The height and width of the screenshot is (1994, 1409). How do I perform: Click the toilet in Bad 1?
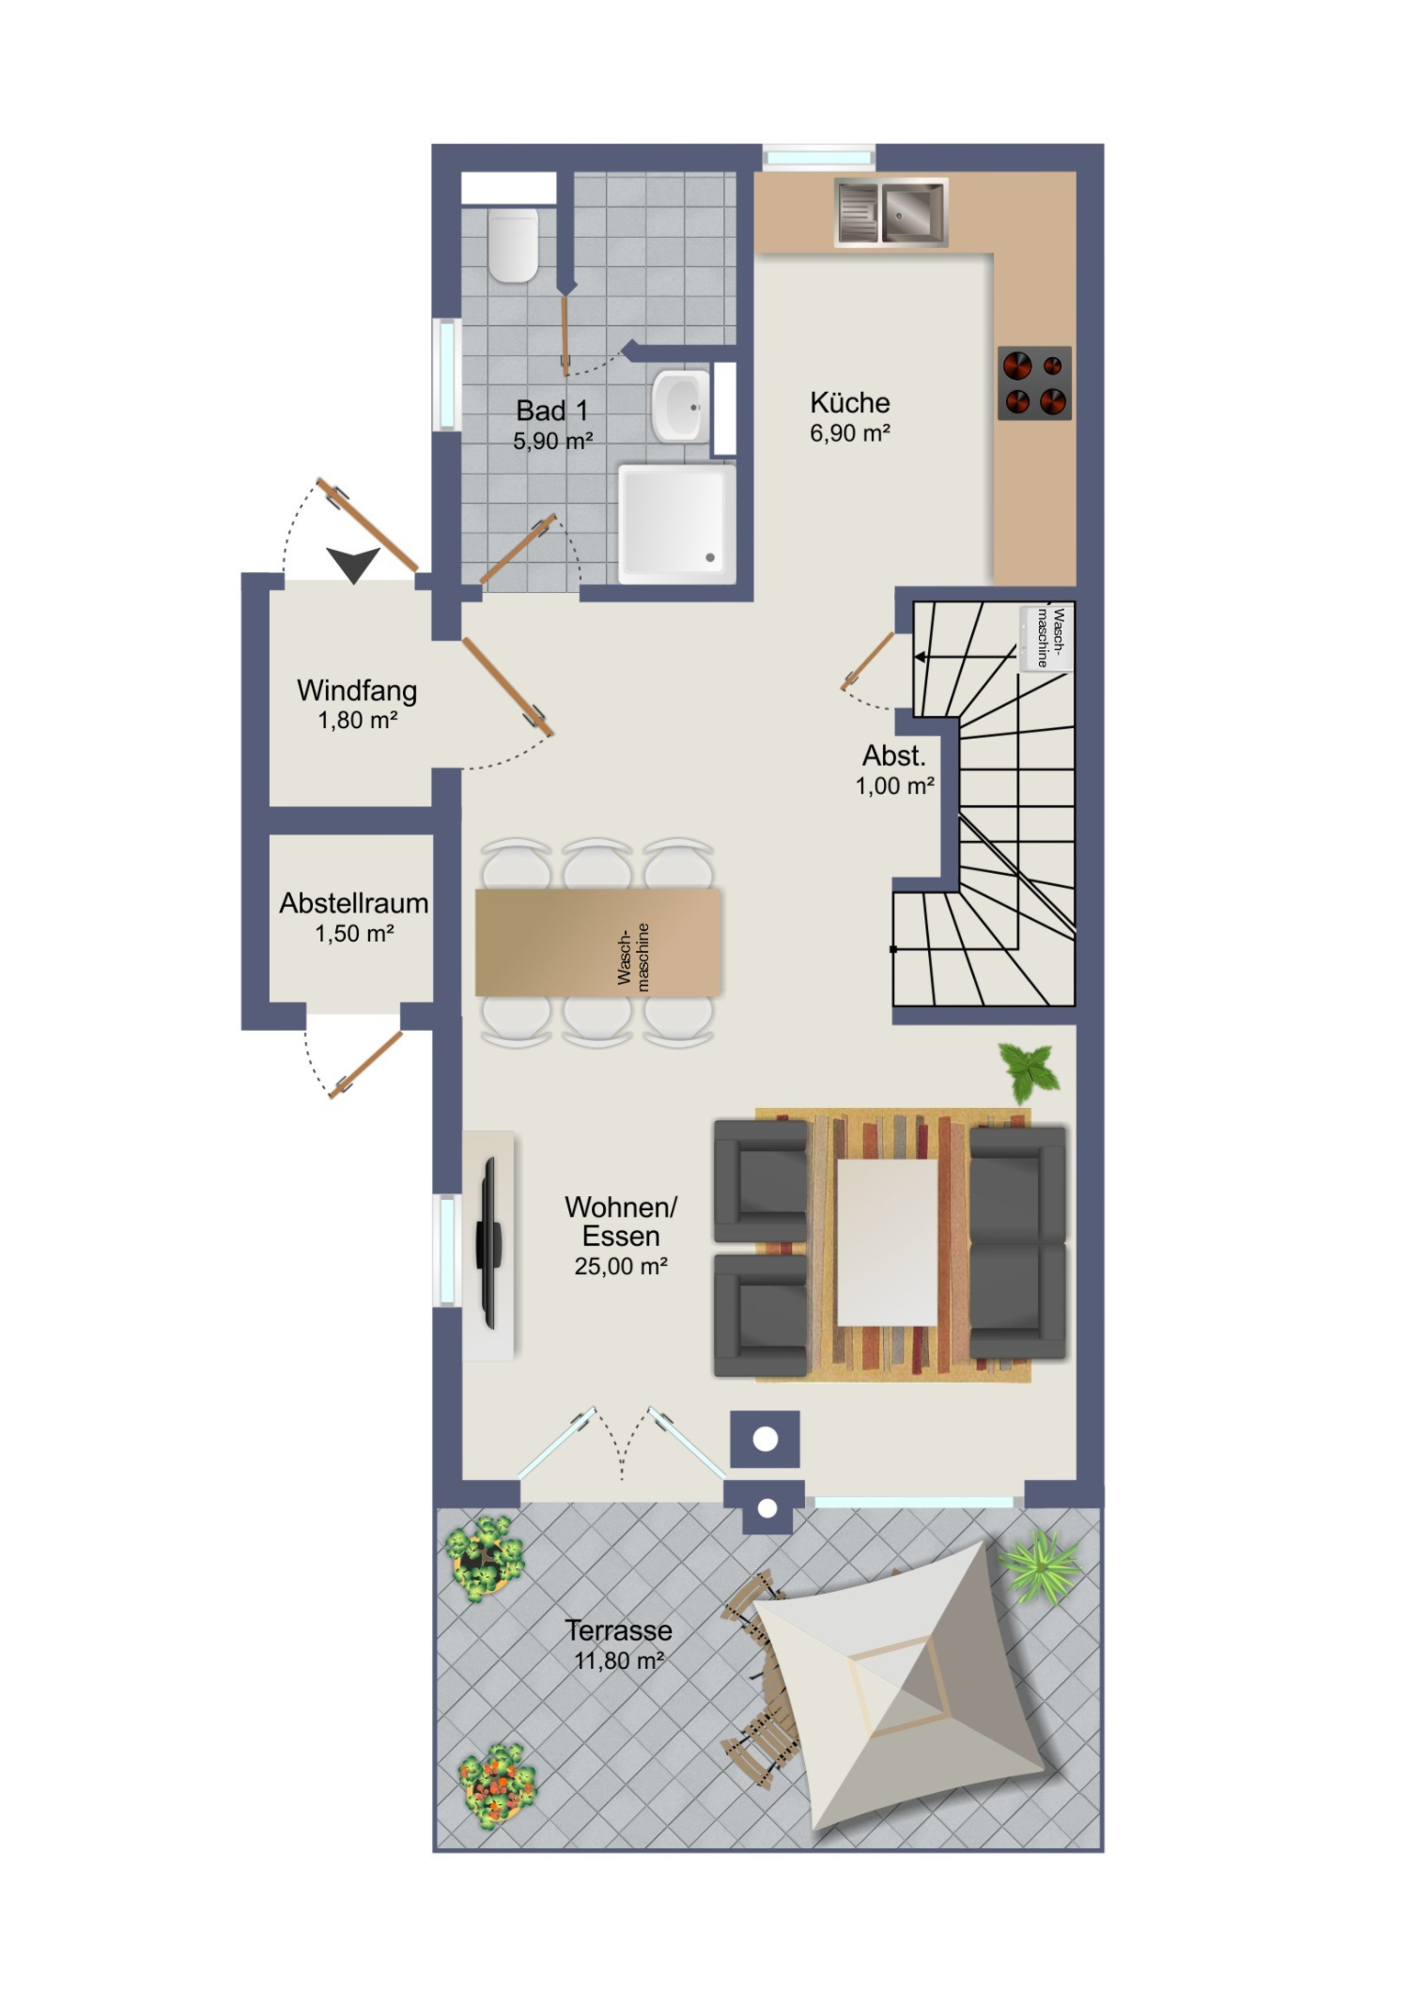[513, 244]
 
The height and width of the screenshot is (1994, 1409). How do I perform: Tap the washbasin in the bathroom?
[680, 406]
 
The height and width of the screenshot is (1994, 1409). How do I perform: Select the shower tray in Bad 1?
[676, 520]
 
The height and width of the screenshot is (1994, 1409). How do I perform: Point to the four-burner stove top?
[1034, 382]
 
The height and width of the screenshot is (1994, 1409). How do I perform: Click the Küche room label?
[850, 402]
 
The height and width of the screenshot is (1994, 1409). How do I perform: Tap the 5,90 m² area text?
[552, 441]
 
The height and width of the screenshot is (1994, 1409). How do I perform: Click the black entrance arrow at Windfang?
[353, 564]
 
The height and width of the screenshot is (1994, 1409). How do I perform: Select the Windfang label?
[357, 690]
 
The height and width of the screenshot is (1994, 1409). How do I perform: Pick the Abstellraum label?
[354, 903]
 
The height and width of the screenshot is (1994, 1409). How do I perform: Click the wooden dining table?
[598, 942]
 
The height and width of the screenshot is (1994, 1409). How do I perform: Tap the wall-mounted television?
[488, 1242]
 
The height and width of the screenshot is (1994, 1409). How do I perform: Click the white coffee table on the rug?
[888, 1242]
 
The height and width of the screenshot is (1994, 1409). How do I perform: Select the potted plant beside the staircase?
[1030, 1071]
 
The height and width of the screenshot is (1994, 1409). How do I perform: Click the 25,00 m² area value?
[621, 1267]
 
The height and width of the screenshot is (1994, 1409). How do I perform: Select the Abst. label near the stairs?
[894, 756]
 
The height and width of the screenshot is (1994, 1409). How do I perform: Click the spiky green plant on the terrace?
[1040, 1566]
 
